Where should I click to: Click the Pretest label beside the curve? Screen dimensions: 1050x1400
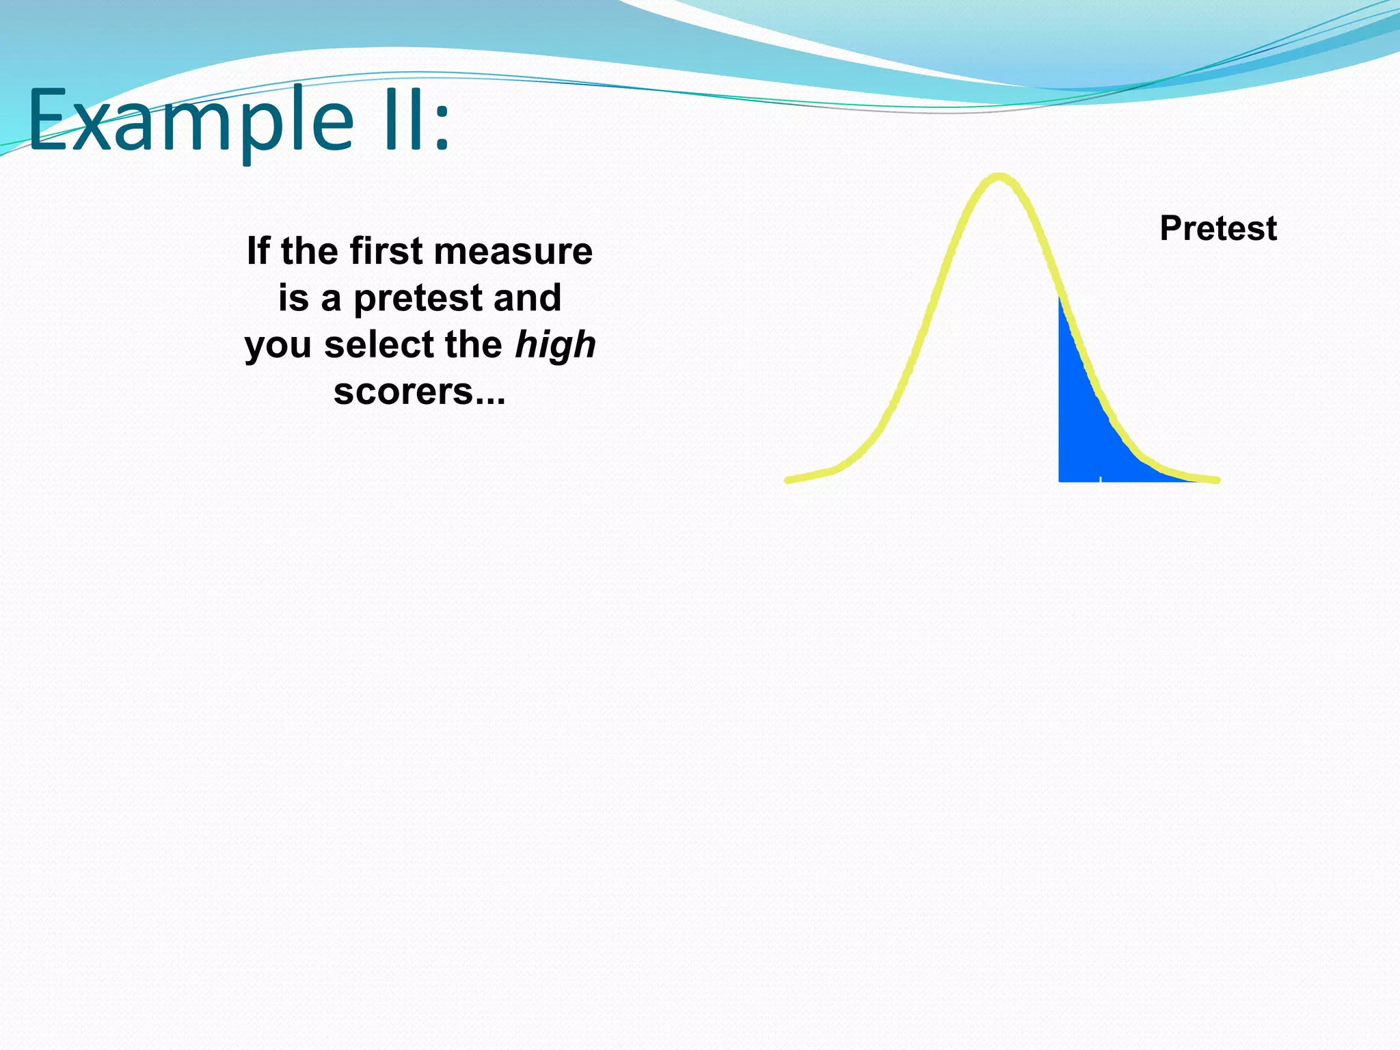point(1217,228)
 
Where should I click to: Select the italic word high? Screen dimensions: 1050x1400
point(555,345)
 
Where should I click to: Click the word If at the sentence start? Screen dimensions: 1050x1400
point(258,251)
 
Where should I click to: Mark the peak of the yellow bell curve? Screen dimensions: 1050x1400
point(999,177)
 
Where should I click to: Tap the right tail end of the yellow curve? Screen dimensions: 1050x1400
point(1216,480)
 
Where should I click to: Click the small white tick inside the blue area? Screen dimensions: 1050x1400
point(1100,478)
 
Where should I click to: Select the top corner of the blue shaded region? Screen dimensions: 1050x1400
point(1060,299)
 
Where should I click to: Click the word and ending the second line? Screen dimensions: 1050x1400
point(527,298)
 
